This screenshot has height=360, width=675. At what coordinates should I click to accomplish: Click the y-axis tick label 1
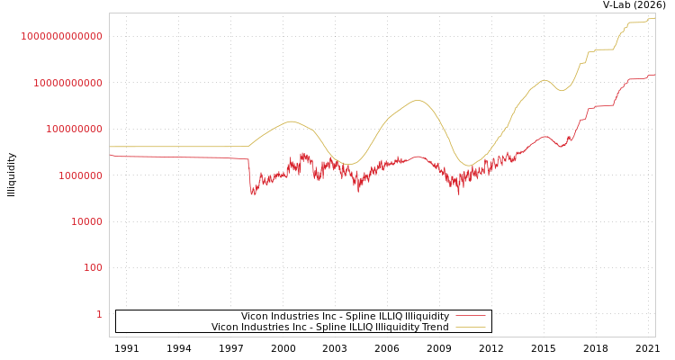[x=99, y=314]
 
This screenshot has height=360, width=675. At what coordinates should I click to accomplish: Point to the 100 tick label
[x=94, y=268]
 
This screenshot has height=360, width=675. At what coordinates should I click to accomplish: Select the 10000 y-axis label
[x=87, y=221]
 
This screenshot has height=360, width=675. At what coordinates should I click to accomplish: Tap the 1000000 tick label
[x=81, y=175]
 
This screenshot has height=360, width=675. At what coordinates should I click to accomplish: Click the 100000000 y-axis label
[x=75, y=129]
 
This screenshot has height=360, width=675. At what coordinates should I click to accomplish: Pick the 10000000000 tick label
[x=68, y=83]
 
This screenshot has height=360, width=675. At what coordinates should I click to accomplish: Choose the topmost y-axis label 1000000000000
[x=62, y=36]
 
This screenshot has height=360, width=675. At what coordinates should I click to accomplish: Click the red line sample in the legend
[x=471, y=317]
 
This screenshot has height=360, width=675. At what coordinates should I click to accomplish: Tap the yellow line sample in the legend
[x=471, y=328]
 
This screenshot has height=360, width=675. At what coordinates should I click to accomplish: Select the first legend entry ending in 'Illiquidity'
[x=345, y=317]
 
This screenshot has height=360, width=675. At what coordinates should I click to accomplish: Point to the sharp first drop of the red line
[x=252, y=191]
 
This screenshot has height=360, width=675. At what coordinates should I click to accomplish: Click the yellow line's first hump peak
[x=290, y=121]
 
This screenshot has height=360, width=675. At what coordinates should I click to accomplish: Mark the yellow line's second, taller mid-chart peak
[x=417, y=100]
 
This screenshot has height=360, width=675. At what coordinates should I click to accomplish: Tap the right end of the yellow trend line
[x=654, y=17]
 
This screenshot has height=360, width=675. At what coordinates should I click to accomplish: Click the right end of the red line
[x=654, y=75]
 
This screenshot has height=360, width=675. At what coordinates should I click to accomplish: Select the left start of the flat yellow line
[x=110, y=147]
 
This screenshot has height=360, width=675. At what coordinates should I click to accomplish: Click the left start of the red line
[x=110, y=155]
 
